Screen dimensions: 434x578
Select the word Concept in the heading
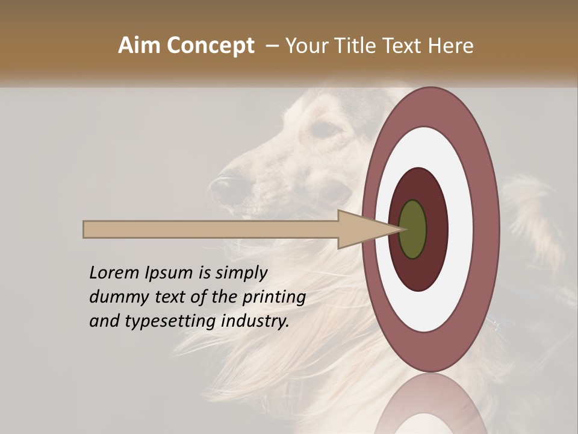coord(210,46)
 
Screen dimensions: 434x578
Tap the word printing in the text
coord(273,298)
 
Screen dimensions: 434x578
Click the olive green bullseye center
coord(412,229)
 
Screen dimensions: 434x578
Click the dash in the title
coord(272,46)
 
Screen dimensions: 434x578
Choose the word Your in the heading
coord(306,46)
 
